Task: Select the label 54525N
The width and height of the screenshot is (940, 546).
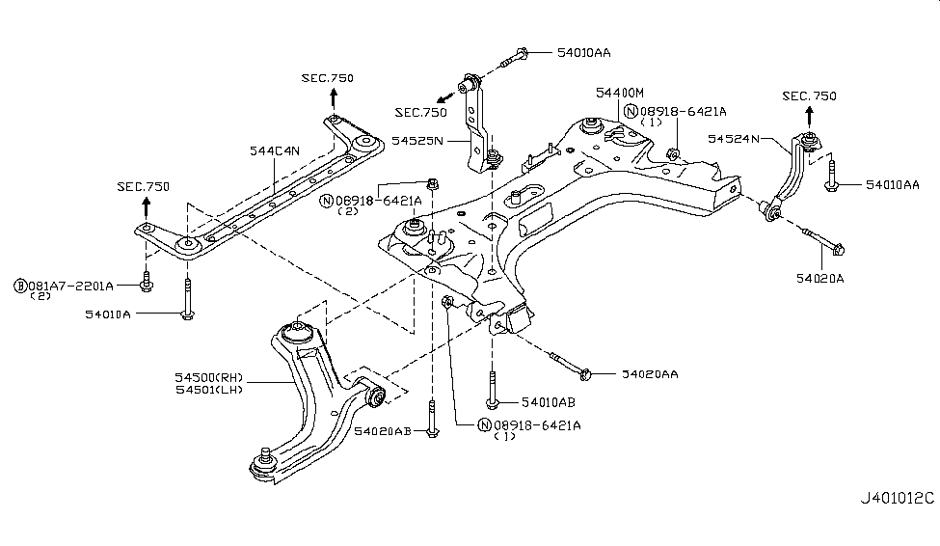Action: click(417, 141)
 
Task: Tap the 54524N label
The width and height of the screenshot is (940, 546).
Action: click(735, 139)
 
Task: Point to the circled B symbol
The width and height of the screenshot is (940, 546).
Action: click(19, 286)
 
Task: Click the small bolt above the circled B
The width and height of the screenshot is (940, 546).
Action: click(146, 280)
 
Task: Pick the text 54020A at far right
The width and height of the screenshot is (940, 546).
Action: click(819, 277)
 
